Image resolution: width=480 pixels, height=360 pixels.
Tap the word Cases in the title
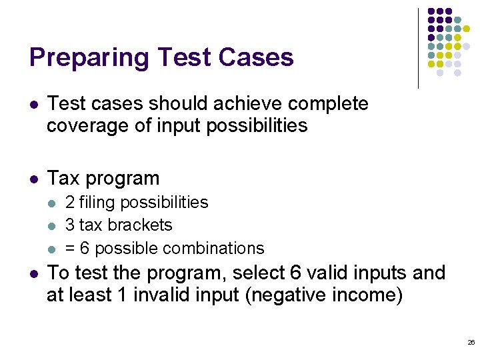coord(257,58)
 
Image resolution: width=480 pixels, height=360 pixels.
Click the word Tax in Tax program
coord(63,179)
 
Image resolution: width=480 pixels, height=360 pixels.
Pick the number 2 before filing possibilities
coord(70,203)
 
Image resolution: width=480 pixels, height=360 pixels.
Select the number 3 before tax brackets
coord(70,225)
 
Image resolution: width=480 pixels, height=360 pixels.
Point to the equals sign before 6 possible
coord(70,249)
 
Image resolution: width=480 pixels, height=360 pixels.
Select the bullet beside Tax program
coord(34,179)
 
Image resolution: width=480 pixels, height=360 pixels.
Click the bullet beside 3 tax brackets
coord(53,226)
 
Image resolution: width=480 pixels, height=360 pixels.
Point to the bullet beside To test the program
coord(34,274)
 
